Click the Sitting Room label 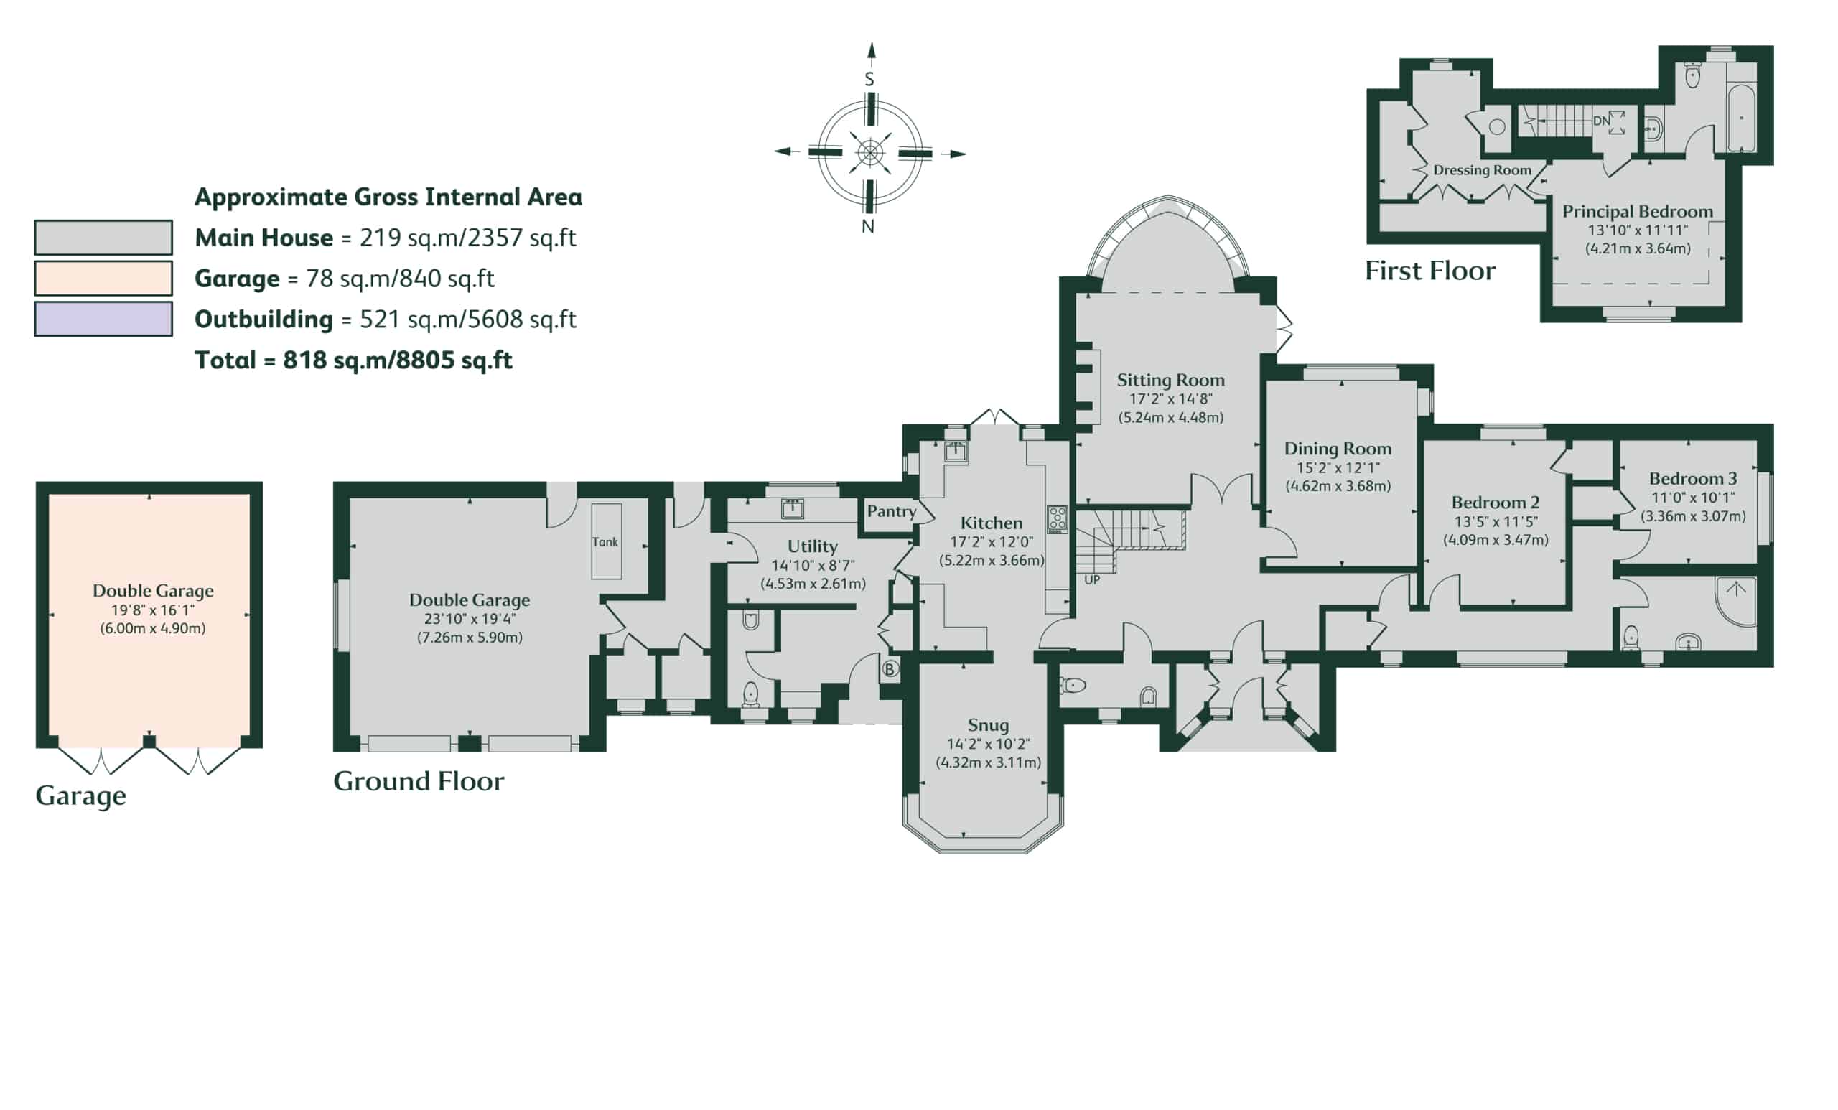(x=1170, y=381)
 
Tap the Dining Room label (x=1338, y=449)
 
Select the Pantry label (x=892, y=512)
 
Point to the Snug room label (x=989, y=726)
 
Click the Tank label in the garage (x=605, y=542)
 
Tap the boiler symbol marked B (x=889, y=669)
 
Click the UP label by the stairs (x=1092, y=579)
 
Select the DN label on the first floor (x=1602, y=121)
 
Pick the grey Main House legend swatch (x=103, y=238)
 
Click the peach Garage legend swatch (x=103, y=279)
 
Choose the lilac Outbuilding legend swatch (x=103, y=320)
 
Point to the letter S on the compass (x=869, y=79)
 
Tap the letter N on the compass (x=868, y=227)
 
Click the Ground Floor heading (x=419, y=782)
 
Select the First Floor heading (x=1430, y=271)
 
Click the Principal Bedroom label (x=1638, y=213)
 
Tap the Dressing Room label (x=1482, y=171)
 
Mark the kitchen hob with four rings (x=1057, y=520)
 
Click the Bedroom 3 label (x=1692, y=479)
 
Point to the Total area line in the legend (x=353, y=361)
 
